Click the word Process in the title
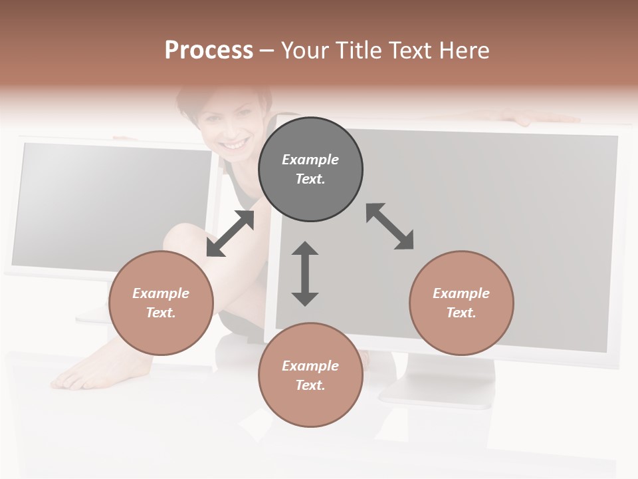[209, 51]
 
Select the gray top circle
[310, 170]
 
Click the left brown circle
[161, 303]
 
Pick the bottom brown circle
[310, 375]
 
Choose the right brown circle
[461, 303]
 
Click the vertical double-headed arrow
[305, 273]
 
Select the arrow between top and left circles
[230, 234]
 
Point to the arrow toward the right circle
[390, 227]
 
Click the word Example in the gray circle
[310, 160]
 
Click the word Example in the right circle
[461, 293]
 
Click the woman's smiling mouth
[234, 144]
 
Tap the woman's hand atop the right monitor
[532, 118]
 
